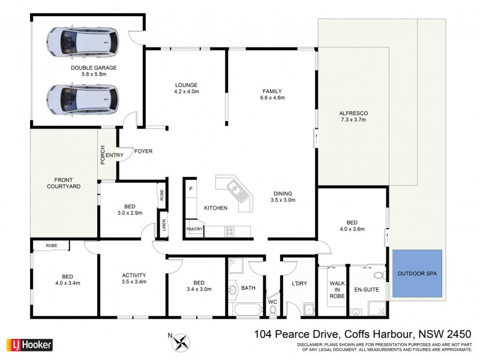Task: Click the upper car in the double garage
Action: coord(83,43)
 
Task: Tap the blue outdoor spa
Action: coord(418,275)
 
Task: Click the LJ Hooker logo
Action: coord(29,345)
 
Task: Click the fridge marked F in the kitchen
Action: coord(191,190)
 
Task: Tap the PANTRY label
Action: coord(194,229)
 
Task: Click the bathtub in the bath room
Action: coord(246,310)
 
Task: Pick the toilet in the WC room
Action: coord(273,309)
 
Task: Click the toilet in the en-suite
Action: coord(377,275)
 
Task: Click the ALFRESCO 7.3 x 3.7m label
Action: coord(353,116)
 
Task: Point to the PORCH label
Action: coord(103,155)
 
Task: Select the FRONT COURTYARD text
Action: coord(64,183)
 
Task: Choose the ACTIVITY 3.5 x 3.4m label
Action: coord(133,277)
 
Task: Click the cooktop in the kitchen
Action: coord(230,230)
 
